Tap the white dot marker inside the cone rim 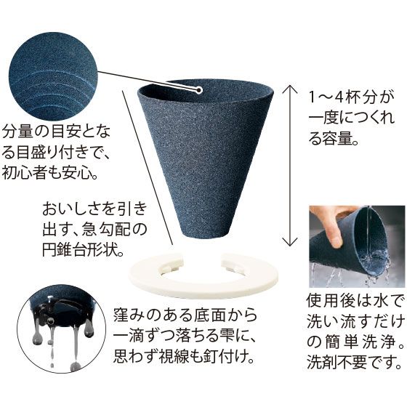coord(199,90)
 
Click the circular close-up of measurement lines coord(53,76)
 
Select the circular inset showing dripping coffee coord(62,329)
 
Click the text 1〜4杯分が coord(351,97)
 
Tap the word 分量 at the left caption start coord(17,132)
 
